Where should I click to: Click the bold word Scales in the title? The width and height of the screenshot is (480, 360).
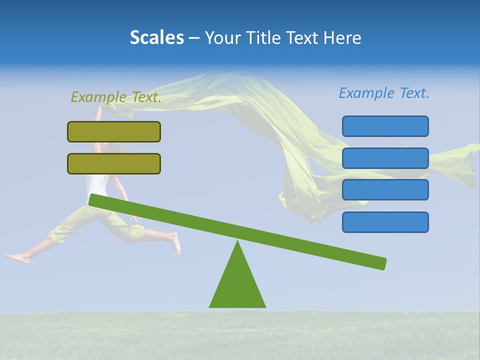[156, 37]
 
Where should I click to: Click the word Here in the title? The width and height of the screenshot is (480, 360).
[342, 37]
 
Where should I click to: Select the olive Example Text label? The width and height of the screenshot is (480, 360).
[116, 97]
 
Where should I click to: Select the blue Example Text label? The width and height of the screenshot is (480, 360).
[384, 93]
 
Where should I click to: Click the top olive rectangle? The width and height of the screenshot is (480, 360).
[114, 131]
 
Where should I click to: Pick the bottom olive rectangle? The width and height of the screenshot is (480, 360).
[114, 163]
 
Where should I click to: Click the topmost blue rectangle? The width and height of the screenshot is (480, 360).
[385, 126]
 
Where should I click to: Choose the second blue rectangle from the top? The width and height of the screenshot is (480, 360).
[385, 158]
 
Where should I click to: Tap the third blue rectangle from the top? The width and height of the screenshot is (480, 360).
[385, 189]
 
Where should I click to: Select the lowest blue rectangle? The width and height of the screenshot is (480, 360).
[385, 222]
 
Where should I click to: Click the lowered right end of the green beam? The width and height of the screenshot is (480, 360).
[380, 263]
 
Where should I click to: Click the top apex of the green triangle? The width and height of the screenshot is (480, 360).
[237, 242]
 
